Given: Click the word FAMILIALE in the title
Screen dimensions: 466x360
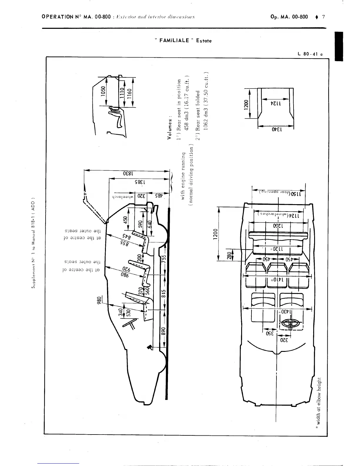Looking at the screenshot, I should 174,41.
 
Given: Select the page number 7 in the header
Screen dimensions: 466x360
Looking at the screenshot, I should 323,17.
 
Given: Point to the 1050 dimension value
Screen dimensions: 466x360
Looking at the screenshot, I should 103,91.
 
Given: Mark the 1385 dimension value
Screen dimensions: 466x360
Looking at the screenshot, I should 140,182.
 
